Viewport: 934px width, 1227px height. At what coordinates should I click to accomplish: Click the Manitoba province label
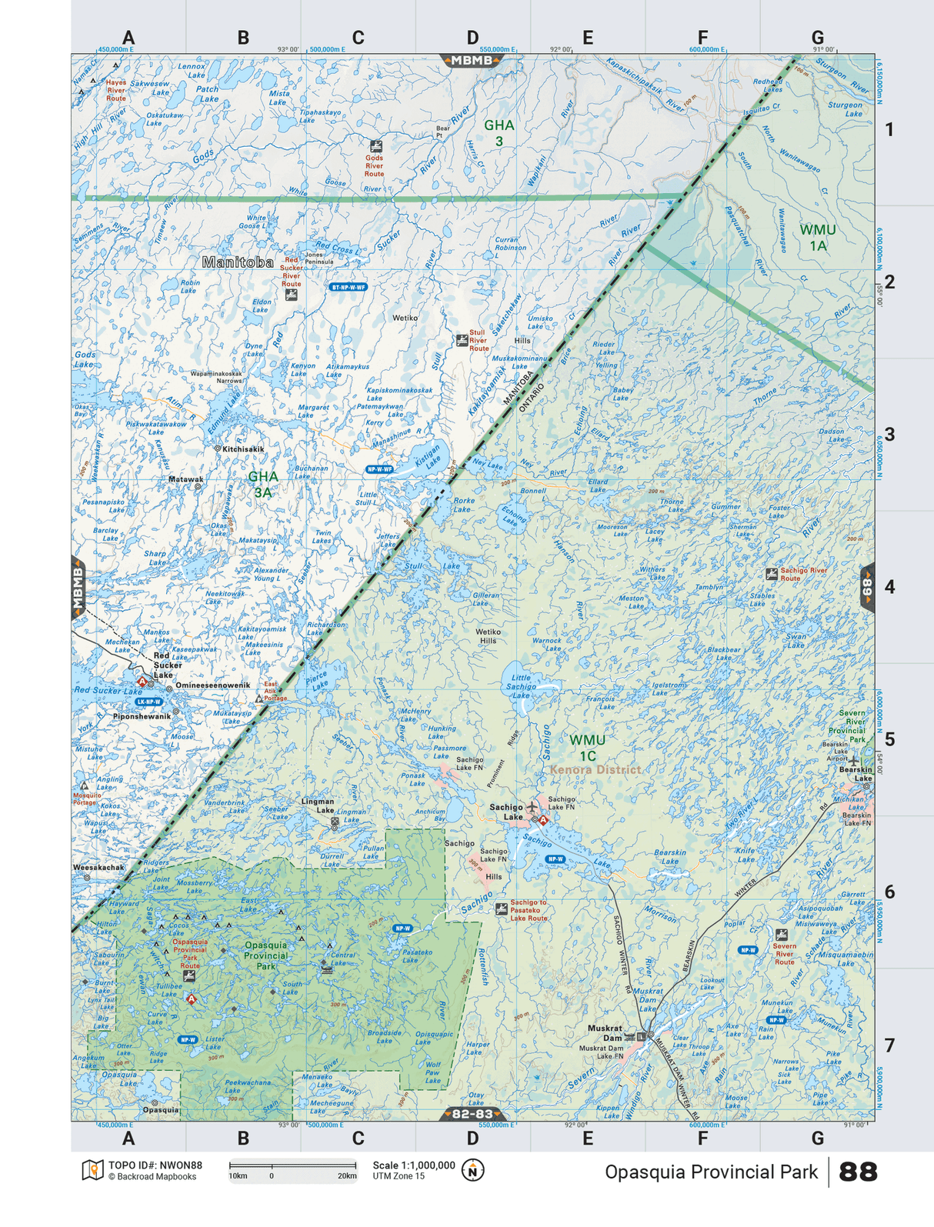coord(237,262)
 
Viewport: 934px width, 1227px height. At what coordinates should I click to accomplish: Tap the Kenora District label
coord(595,769)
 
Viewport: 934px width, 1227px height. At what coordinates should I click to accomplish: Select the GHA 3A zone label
coord(262,484)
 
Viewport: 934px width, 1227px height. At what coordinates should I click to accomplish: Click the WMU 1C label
coord(587,747)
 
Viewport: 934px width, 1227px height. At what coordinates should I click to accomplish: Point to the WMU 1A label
coord(817,237)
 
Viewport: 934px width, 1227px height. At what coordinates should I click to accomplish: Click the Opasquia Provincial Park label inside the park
coord(265,955)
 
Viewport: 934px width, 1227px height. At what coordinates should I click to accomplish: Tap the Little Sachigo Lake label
coord(521,686)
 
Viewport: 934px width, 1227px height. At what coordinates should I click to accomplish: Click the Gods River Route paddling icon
coord(375,145)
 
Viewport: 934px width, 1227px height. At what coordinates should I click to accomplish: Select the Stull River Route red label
coord(479,341)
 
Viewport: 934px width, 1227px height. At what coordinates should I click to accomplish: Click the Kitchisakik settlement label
coord(242,448)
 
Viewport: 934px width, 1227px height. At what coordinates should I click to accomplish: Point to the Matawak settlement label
coord(185,479)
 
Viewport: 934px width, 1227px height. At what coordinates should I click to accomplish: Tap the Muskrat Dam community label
coord(605,1032)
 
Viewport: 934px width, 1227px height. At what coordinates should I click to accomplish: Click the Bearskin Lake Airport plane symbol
coord(852,760)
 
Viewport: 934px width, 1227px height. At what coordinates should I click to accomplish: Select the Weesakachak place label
coord(98,867)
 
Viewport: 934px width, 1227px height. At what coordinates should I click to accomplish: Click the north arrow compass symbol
coord(472,1170)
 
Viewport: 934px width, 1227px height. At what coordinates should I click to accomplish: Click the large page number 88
coord(857,1172)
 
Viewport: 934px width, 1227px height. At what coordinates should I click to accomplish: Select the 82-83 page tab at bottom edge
coord(472,1114)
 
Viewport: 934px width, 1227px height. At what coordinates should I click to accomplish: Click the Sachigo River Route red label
coord(803,574)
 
